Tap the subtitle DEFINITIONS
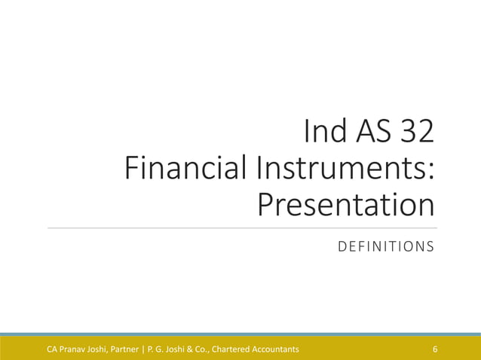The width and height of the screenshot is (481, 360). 385,246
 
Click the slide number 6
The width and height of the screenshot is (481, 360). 435,349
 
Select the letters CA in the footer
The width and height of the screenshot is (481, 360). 53,349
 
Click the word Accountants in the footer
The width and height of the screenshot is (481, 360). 275,349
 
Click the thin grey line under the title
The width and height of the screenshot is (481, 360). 241,227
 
